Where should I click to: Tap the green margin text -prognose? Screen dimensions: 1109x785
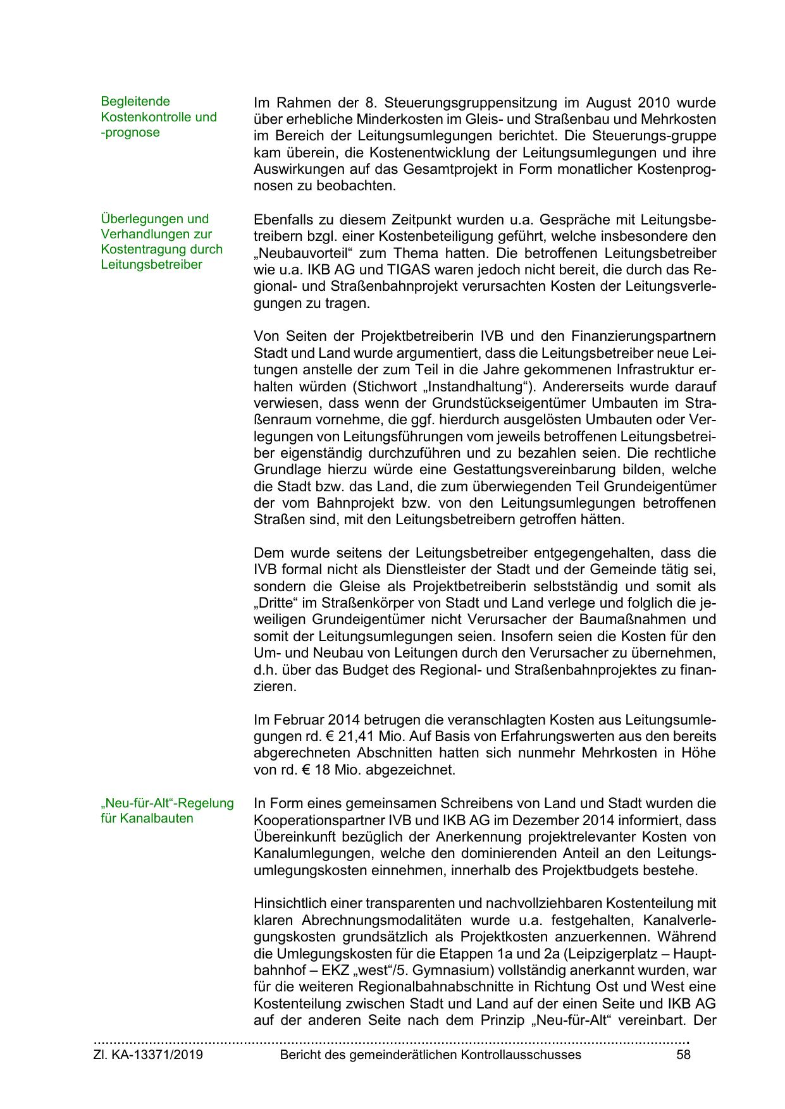click(130, 133)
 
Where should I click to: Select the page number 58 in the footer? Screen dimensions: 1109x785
click(683, 1055)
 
